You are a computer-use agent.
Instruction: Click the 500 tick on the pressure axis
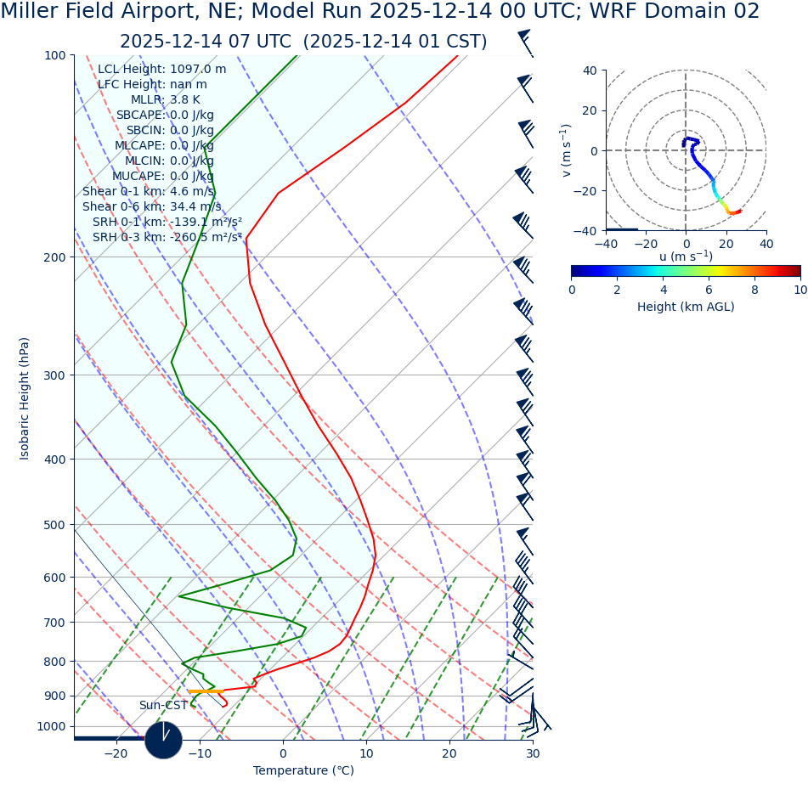click(54, 525)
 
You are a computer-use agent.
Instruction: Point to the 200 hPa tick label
click(54, 257)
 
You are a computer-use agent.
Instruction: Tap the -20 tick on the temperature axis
click(116, 753)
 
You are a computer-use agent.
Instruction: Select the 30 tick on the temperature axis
click(533, 753)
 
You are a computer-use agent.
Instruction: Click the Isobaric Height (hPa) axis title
click(25, 398)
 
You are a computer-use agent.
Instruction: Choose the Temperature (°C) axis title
click(303, 771)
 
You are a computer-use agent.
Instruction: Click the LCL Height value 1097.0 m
click(198, 69)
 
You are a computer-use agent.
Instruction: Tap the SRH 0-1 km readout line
click(167, 222)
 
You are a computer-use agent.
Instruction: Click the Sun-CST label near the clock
click(163, 705)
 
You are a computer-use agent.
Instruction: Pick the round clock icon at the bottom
click(163, 740)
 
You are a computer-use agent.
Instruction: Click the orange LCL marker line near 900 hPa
click(206, 691)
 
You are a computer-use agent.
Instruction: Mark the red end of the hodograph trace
click(739, 211)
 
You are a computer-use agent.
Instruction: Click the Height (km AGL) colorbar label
click(686, 307)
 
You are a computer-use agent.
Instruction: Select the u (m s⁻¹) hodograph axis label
click(686, 257)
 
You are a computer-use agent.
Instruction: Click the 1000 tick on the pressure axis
click(51, 726)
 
